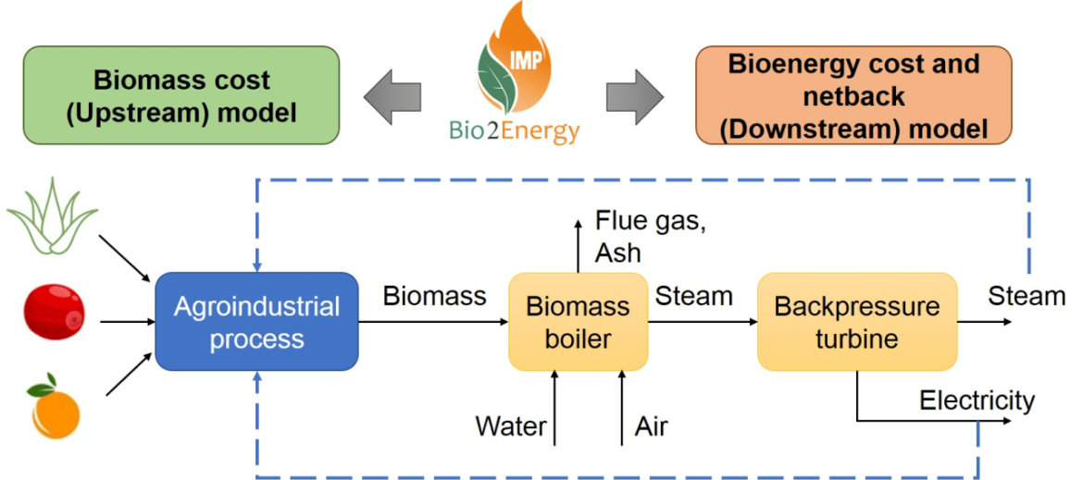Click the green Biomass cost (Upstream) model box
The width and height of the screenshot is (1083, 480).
point(180,96)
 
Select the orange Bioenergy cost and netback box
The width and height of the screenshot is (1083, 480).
point(853,96)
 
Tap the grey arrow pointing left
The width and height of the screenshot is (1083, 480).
point(392,94)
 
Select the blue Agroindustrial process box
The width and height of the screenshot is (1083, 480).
point(256,321)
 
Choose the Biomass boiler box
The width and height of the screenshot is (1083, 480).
point(578,322)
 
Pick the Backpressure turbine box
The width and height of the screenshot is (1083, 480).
point(856,322)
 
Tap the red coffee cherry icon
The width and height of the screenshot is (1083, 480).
point(54,310)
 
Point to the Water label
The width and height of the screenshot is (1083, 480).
point(510,426)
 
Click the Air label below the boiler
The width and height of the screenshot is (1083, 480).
point(651,426)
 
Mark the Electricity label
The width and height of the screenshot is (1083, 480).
point(977,400)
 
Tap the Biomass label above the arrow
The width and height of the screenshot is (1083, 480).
point(434,296)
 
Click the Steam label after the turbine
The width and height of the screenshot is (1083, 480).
point(1027,296)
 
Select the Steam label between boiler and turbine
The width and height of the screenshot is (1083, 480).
point(693,296)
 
